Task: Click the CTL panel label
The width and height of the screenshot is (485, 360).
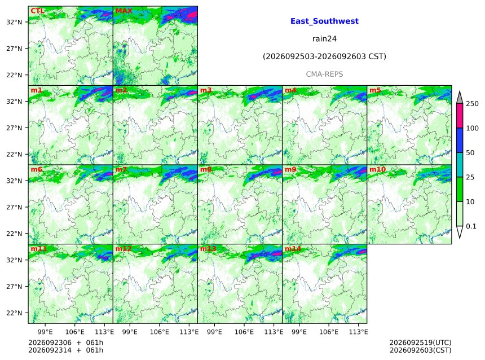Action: point(37,11)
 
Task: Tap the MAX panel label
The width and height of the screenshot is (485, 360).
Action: point(124,11)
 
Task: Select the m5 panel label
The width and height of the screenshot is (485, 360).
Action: point(375,90)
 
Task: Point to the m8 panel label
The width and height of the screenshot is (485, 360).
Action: point(206,169)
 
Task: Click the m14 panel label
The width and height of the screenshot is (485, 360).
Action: point(293,249)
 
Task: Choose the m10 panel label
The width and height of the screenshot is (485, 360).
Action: point(377,169)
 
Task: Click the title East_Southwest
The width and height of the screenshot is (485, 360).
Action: point(324,21)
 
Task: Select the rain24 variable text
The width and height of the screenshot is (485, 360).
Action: point(324,39)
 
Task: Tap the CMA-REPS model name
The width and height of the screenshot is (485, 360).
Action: point(324,74)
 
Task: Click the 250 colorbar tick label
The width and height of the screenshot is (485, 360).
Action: point(472,104)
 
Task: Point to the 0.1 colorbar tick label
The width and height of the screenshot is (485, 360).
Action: point(471,226)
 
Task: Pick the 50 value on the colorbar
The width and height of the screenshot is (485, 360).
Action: point(470,152)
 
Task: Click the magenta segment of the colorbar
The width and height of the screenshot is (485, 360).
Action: point(460,116)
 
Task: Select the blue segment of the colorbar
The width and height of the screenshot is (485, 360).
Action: point(460,141)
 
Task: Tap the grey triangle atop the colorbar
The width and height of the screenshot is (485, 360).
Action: point(460,98)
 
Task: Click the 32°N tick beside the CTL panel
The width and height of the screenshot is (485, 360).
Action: point(14,22)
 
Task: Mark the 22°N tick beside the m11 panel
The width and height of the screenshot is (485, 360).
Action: point(14,313)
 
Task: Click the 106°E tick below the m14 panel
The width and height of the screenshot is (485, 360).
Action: point(328,332)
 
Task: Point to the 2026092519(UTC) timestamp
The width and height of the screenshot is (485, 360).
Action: point(420,343)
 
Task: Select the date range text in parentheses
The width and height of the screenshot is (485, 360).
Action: point(324,56)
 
